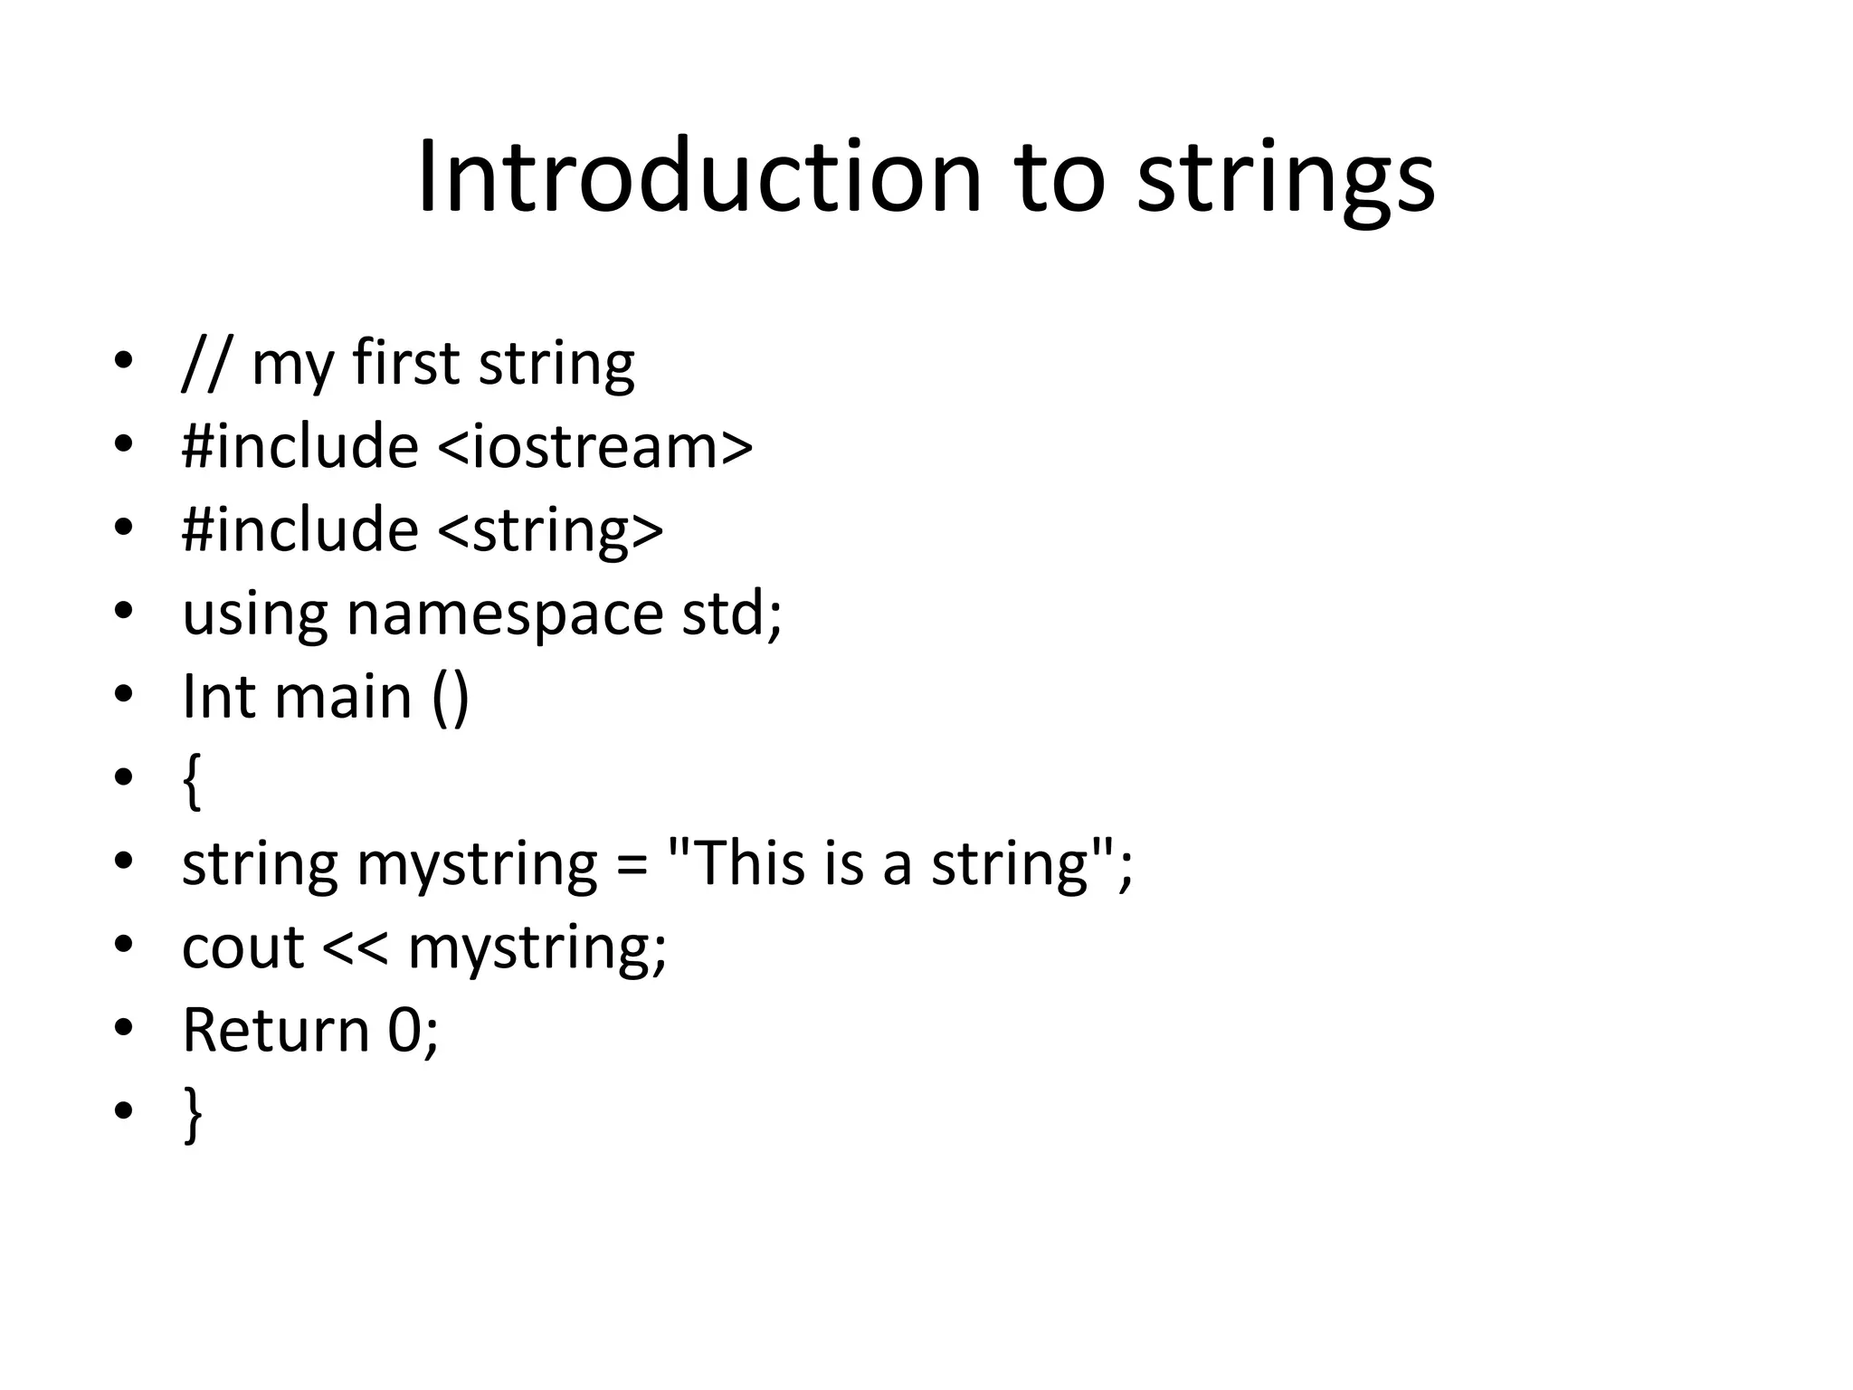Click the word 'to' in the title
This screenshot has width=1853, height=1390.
(x=1060, y=177)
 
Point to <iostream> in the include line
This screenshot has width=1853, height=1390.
(x=594, y=446)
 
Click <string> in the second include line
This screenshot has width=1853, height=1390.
(x=550, y=530)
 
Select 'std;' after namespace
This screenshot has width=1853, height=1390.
(x=731, y=613)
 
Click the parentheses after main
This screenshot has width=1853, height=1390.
(x=451, y=698)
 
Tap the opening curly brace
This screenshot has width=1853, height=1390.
(x=191, y=781)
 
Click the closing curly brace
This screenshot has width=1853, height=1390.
(x=192, y=1115)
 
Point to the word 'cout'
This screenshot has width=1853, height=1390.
(x=242, y=947)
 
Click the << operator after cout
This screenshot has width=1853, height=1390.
(x=355, y=947)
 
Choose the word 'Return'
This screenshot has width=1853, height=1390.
(x=276, y=1031)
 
